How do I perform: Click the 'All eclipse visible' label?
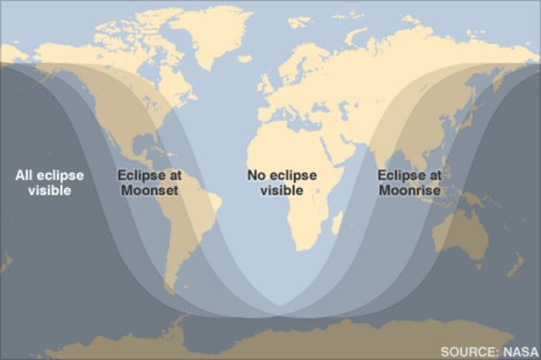pos(49,182)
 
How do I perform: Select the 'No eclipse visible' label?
pos(282,182)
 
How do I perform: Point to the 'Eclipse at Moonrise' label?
pos(409,182)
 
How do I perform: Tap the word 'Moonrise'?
pos(409,190)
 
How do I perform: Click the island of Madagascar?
pos(336,225)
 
